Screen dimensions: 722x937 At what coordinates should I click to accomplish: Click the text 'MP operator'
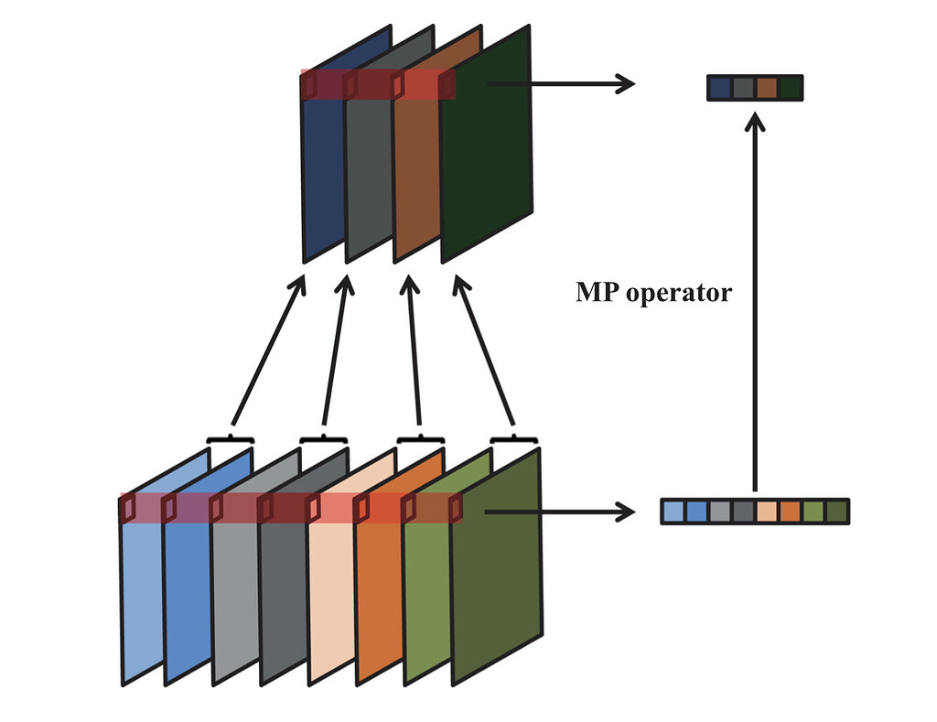coord(653,293)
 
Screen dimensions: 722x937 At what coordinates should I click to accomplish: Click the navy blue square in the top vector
coord(720,89)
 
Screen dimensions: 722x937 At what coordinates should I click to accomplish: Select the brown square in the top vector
coord(767,89)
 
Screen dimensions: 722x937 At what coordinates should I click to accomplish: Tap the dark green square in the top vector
coord(790,89)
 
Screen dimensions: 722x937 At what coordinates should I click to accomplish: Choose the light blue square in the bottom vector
coord(673,512)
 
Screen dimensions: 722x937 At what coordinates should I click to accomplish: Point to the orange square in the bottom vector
coord(790,512)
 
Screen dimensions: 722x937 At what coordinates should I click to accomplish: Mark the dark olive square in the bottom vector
coord(836,512)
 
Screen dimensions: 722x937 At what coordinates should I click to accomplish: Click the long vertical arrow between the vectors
coord(755,302)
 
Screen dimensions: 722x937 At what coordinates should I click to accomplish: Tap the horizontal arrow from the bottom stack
coord(558,512)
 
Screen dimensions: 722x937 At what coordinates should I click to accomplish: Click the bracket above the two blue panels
coord(230,439)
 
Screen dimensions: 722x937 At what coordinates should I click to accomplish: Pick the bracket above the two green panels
coord(513,439)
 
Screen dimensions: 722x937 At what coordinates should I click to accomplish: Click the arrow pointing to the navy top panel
coord(267,352)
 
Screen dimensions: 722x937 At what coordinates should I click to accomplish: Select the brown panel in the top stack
coord(416,174)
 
